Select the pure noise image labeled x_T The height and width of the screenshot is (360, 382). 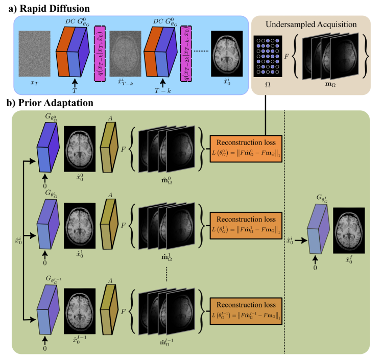point(34,53)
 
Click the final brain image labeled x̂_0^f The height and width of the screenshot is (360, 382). point(349,230)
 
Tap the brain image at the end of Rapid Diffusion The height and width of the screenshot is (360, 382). point(226,53)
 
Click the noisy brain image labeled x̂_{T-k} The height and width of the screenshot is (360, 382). point(124,53)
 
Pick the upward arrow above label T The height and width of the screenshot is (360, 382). point(76,82)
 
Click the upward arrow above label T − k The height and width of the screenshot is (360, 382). point(164,82)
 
